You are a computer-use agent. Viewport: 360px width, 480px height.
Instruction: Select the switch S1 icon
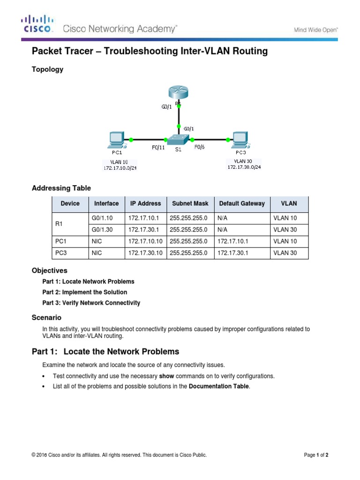(x=178, y=140)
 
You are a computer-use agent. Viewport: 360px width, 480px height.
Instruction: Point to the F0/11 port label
(x=158, y=148)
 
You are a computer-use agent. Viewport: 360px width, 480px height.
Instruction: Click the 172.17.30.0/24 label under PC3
(x=244, y=167)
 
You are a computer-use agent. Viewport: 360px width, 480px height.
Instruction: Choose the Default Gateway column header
(x=241, y=203)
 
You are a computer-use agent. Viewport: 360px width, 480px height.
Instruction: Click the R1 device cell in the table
(x=59, y=224)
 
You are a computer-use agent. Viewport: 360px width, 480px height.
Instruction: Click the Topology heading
(x=47, y=69)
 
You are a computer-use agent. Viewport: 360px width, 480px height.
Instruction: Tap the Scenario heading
(x=46, y=317)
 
